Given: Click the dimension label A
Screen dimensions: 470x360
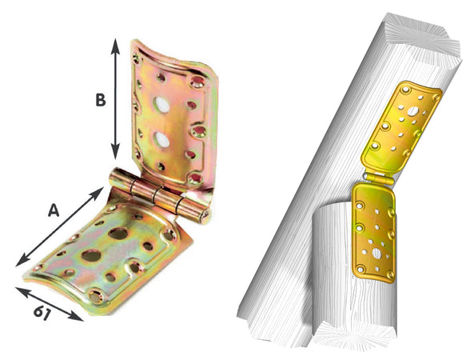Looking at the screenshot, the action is [54, 210].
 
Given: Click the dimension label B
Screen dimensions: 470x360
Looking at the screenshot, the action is [101, 100].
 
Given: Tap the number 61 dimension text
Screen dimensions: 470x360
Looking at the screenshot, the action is [42, 314].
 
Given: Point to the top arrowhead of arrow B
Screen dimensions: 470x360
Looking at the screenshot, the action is [115, 46].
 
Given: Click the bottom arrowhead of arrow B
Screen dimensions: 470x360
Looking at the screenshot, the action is [115, 151].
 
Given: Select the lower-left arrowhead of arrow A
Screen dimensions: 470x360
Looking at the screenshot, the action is [22, 261].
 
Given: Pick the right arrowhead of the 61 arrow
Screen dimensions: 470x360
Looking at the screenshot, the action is [76, 317].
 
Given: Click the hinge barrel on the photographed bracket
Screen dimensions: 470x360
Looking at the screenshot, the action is [159, 195].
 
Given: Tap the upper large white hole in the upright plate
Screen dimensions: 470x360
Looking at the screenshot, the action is [161, 104].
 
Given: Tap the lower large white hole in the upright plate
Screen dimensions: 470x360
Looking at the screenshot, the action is [161, 140].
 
